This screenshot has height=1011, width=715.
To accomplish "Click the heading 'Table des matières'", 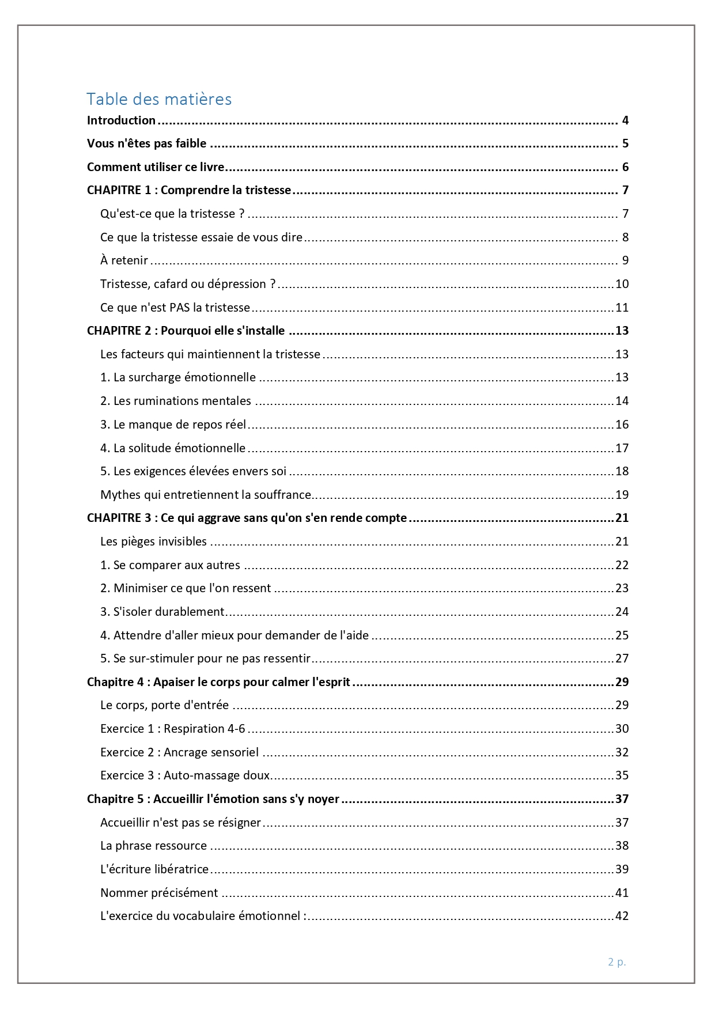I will [159, 99].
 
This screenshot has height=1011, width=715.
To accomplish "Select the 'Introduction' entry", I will [121, 120].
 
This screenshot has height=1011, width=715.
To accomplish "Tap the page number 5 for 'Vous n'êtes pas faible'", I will [625, 143].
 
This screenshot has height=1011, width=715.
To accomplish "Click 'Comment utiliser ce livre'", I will [156, 167].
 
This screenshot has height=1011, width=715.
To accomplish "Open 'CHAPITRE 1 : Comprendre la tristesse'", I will [189, 190].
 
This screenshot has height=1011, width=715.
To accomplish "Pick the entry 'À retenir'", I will [124, 260].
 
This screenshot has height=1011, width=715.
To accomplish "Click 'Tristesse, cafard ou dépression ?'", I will [188, 284].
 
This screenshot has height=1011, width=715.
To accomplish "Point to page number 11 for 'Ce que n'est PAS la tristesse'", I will [622, 308].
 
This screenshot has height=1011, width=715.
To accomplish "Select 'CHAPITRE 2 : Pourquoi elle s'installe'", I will [186, 331].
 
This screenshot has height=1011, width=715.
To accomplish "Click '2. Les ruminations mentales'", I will [176, 401].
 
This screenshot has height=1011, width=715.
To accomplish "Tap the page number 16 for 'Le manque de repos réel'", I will [622, 425].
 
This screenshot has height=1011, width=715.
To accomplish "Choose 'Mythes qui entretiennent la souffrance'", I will [206, 495].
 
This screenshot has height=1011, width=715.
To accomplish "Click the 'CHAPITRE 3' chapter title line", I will [247, 518].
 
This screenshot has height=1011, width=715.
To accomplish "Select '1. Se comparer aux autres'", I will [170, 565].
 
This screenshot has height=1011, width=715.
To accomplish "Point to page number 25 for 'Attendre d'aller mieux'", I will [622, 635].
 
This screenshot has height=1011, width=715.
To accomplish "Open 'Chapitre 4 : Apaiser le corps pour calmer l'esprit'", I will [218, 682].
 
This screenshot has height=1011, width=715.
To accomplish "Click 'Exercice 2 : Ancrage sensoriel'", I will [179, 752].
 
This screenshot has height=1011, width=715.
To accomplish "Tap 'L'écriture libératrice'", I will [154, 869].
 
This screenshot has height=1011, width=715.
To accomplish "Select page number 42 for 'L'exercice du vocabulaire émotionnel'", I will [622, 916].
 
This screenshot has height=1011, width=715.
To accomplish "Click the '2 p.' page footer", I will [616, 961].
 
